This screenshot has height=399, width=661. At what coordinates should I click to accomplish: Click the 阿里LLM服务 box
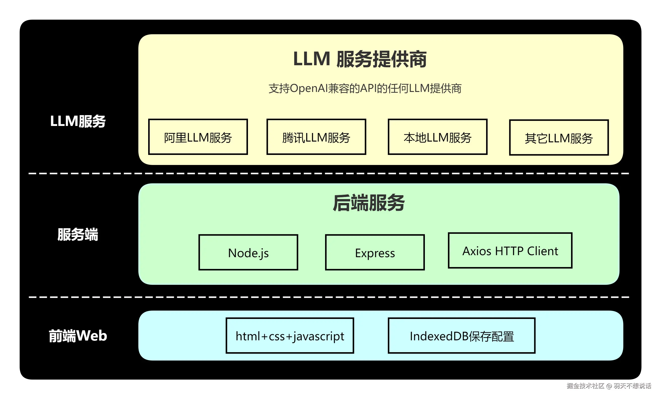pos(198,137)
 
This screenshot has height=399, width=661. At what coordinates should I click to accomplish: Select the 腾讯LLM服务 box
pos(316,137)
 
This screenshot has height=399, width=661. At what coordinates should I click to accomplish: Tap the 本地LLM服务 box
pos(437,137)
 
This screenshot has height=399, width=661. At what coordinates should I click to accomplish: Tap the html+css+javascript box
pos(290,336)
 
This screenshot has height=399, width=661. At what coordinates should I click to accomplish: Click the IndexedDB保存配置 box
pos(461,336)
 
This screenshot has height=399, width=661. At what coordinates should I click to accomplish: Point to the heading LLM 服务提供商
pos(359,59)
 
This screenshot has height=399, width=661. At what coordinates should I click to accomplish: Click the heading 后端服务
pos(369,203)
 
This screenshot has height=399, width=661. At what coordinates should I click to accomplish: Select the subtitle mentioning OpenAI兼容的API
pos(365,88)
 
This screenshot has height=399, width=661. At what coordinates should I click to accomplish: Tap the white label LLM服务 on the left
pos(78,121)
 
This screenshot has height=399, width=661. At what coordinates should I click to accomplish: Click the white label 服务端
pos(78,235)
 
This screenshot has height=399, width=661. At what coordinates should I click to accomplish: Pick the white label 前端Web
pos(78,336)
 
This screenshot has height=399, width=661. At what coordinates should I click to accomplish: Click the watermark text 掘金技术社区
pos(585,386)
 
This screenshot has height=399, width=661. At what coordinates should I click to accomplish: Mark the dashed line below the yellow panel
pos(329,174)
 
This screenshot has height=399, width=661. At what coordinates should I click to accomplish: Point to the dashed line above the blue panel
pos(329,297)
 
